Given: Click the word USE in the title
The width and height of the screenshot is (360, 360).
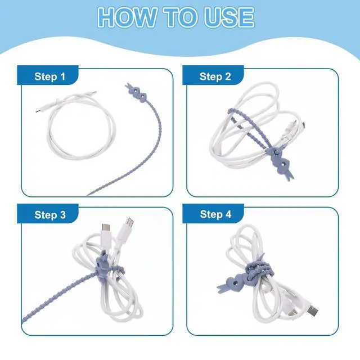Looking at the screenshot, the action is click(229, 17).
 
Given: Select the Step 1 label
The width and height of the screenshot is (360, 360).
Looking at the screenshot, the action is click(50, 76).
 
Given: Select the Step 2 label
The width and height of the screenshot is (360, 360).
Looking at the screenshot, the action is click(215, 76).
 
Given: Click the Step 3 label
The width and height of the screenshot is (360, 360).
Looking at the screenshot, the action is click(50, 215).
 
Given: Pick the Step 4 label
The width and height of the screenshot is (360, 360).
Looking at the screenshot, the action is click(215, 214).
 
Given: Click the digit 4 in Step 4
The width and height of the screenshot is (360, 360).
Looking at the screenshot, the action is click(228, 214).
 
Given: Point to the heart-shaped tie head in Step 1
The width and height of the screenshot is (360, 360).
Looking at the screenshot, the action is click(139, 94).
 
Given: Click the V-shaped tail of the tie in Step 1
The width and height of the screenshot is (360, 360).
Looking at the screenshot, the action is click(129, 87).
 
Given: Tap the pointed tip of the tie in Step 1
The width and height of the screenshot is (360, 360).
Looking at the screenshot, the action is click(88, 195).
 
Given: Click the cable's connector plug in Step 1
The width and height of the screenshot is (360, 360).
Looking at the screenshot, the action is click(39, 110).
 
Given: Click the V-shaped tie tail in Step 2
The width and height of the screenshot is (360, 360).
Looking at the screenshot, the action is click(290, 175).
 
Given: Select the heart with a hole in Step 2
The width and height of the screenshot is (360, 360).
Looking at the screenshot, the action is click(283, 164).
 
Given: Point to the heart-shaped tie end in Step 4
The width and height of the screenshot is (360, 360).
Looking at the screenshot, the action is click(232, 283).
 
